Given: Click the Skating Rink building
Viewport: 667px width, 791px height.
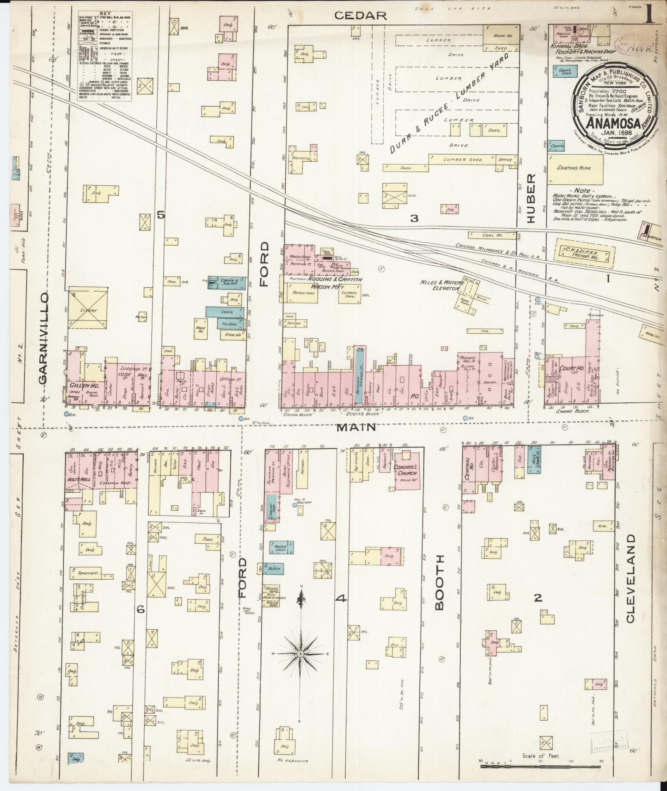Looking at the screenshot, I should click(x=575, y=169).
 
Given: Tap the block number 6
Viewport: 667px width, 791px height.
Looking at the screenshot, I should click(x=141, y=609).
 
